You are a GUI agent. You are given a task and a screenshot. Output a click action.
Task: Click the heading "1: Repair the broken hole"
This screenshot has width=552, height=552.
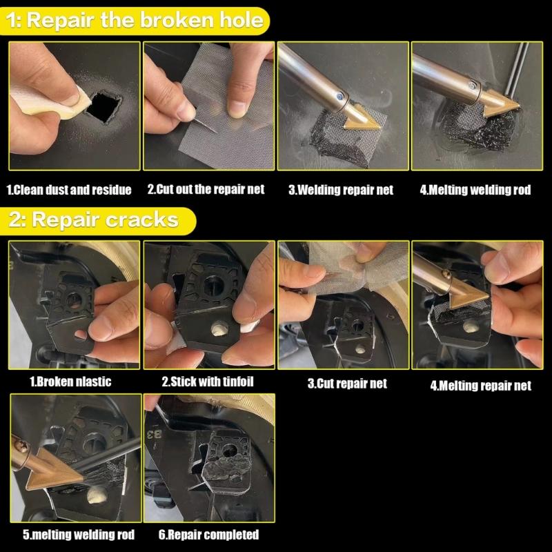coord(135,20)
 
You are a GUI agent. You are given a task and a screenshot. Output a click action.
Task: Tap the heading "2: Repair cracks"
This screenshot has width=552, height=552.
coord(94,220)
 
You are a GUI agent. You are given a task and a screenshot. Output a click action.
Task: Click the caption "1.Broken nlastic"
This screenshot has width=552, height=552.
coord(70,381)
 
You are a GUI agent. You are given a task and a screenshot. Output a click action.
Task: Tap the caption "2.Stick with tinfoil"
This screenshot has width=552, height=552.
coord(206,381)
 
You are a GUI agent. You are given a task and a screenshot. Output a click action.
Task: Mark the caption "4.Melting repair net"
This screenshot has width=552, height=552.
coord(481,386)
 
